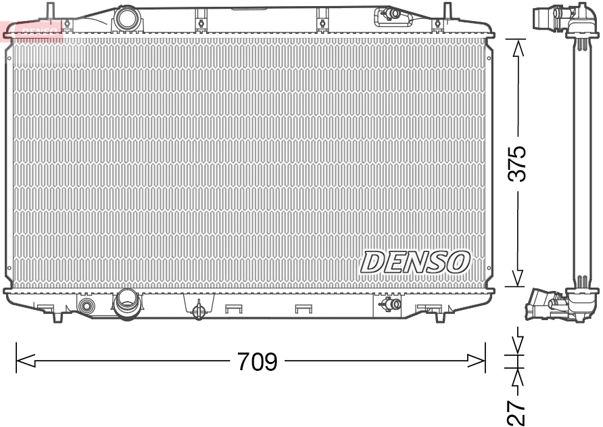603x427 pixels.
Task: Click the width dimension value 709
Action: [257, 362]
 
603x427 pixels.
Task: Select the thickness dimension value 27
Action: [517, 410]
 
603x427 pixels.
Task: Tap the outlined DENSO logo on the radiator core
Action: [416, 261]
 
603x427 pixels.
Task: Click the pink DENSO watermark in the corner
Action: [32, 30]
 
